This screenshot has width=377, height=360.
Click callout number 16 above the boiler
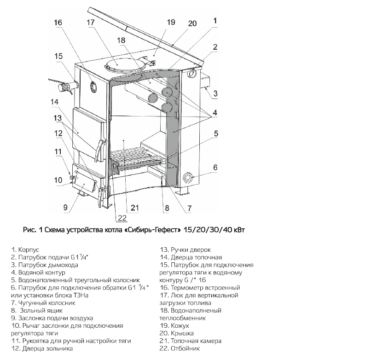pyautogui.click(x=57, y=23)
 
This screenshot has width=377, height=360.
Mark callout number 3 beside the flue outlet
pyautogui.click(x=215, y=93)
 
